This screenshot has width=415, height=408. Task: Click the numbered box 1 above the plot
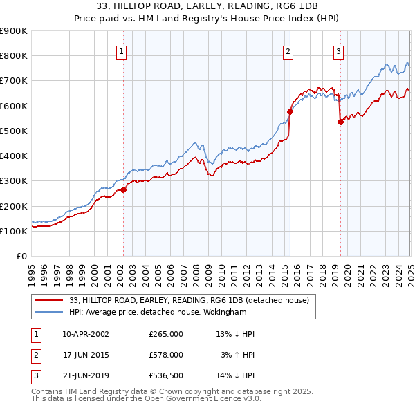tap(122, 50)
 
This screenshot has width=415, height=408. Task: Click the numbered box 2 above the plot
tap(288, 50)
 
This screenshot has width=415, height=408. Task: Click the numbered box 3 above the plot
tap(338, 50)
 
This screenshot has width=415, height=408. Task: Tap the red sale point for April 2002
tap(124, 189)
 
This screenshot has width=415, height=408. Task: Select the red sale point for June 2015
tap(290, 111)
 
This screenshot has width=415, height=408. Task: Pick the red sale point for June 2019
tap(340, 122)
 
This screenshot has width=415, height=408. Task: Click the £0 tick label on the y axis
tap(21, 256)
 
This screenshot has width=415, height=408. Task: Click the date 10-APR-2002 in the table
tap(86, 334)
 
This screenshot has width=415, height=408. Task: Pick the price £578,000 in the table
tap(166, 355)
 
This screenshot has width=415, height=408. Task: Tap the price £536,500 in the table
tap(166, 377)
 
